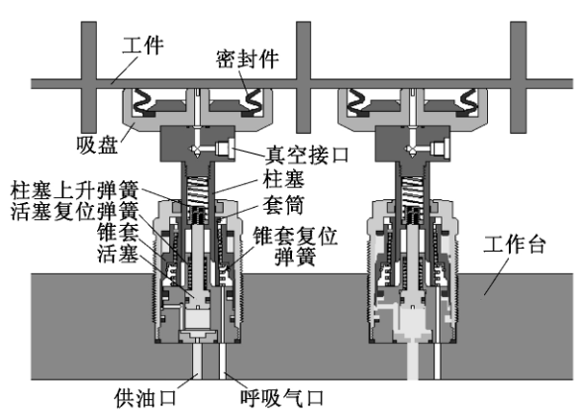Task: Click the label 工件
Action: [143, 46]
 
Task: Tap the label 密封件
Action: [247, 58]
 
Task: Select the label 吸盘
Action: [97, 145]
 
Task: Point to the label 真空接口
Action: [307, 155]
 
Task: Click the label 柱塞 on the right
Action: [283, 178]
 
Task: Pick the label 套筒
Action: [283, 205]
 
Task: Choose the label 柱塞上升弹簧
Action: [74, 190]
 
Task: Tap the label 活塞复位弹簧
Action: [74, 211]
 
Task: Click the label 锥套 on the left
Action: [118, 232]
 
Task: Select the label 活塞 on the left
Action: [118, 254]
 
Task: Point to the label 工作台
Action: [514, 245]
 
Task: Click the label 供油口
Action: [146, 398]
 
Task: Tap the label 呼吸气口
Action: [281, 398]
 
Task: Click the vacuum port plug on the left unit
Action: [226, 149]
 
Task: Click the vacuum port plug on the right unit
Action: [441, 149]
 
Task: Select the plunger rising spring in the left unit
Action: [198, 191]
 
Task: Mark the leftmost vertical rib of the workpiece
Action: [89, 77]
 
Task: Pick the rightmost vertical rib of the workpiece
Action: [519, 77]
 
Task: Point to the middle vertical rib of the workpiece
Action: [303, 77]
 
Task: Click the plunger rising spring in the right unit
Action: [413, 191]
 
